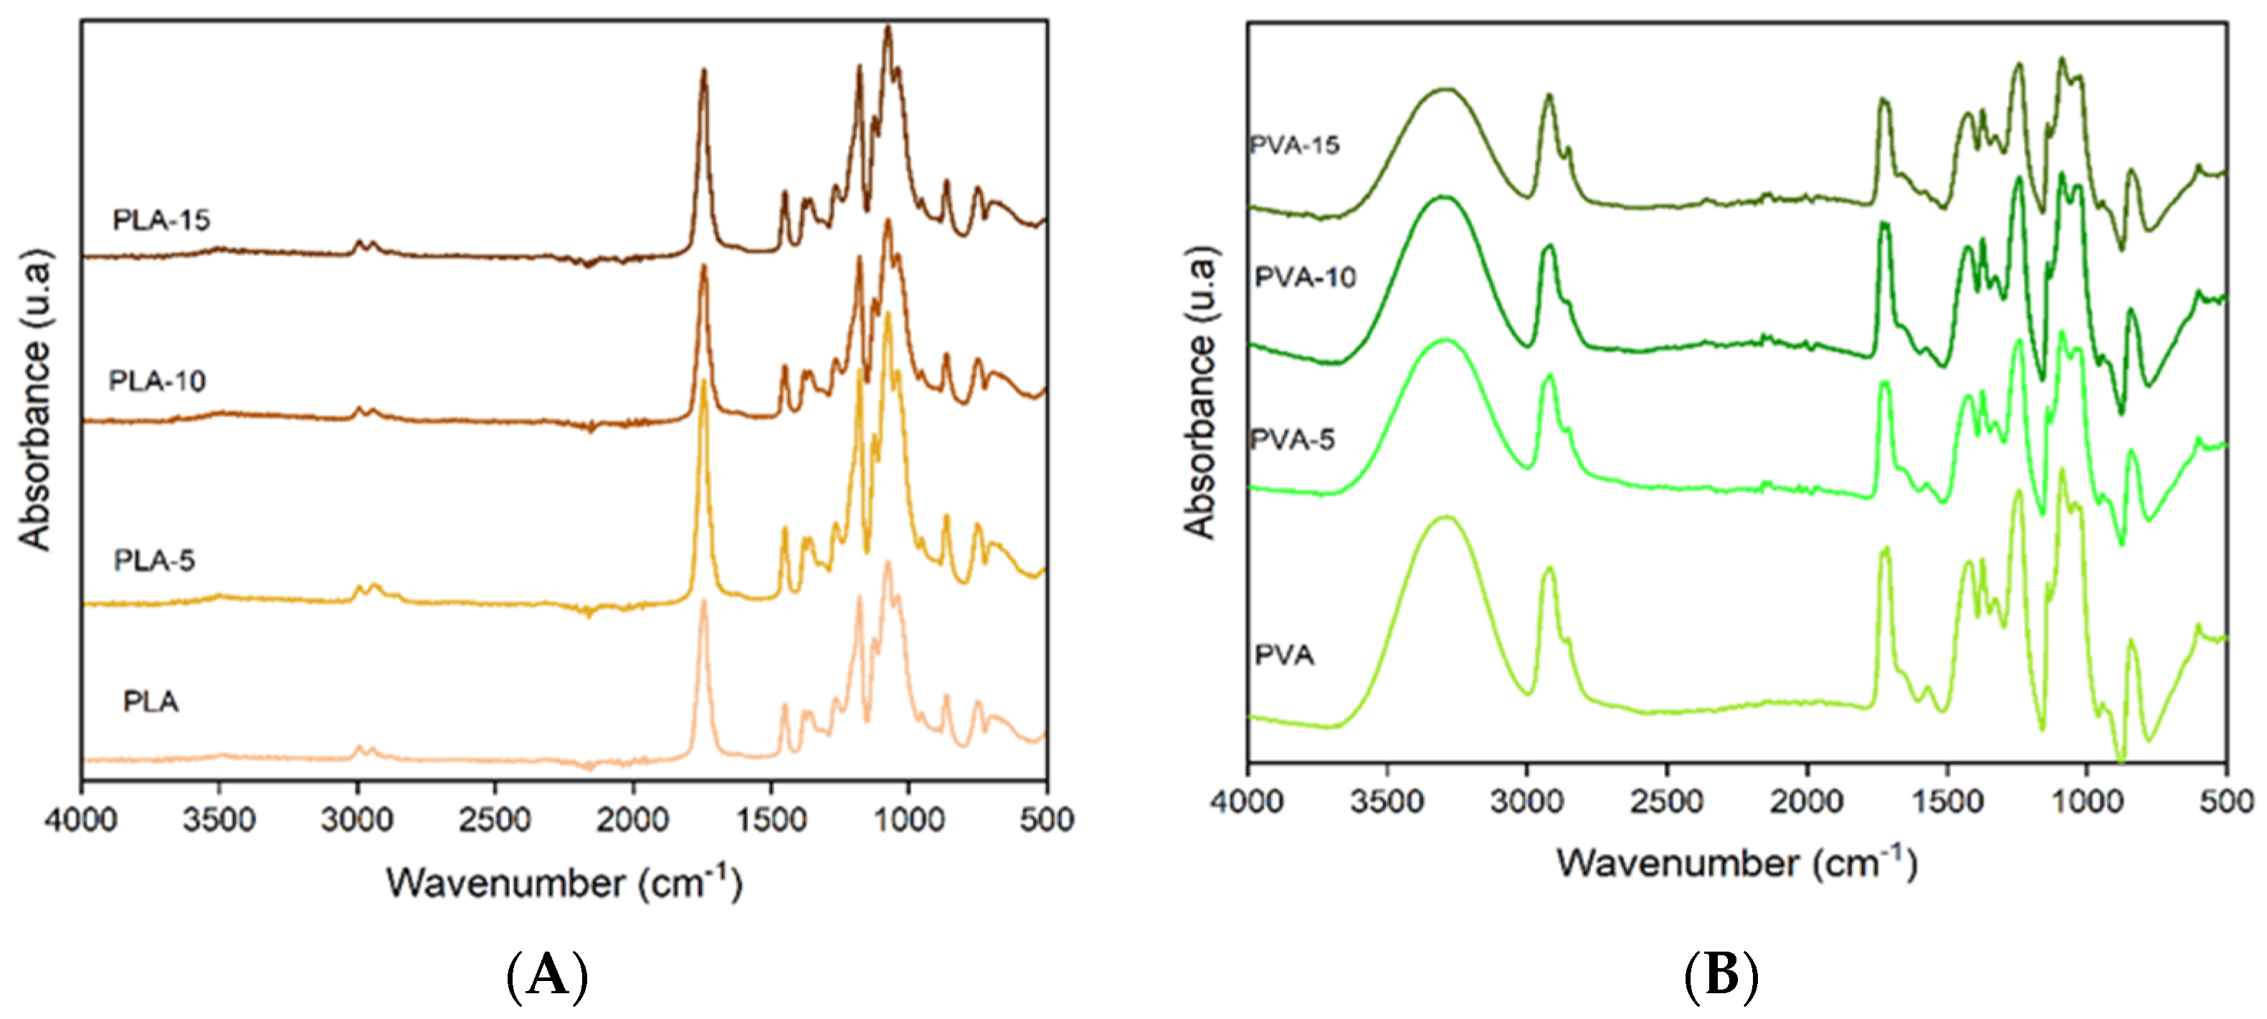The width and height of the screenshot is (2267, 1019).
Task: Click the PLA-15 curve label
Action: point(161,220)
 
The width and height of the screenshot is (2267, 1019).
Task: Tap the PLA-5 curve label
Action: point(154,560)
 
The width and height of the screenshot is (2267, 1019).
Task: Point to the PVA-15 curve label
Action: point(1295,144)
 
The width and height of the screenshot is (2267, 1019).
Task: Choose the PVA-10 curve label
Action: point(1304,277)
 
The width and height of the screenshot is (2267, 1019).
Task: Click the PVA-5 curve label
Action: point(1292,439)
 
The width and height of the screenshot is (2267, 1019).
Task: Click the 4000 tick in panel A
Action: point(81,819)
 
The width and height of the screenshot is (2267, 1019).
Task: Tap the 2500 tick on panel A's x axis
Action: point(495,819)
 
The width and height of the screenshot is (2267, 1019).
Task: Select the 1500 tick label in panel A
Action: point(770,819)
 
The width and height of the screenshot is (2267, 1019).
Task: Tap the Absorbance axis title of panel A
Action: point(35,401)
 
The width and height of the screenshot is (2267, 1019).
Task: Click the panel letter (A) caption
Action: point(547,977)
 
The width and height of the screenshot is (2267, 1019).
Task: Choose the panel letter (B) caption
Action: point(1721,977)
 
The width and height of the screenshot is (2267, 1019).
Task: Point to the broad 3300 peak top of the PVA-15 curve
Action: point(1443,89)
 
